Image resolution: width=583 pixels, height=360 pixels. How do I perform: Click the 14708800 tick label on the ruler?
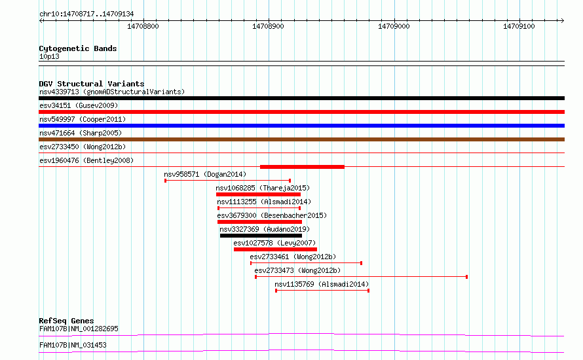143,26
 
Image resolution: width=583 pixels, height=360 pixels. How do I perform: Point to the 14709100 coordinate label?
519,26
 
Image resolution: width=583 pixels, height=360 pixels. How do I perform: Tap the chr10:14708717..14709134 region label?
86,14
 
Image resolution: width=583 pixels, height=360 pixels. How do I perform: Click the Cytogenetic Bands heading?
78,48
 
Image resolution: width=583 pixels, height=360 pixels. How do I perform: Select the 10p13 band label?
49,56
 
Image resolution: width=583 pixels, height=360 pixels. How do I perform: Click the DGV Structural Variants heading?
92,84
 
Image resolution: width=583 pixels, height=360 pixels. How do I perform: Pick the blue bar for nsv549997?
301,126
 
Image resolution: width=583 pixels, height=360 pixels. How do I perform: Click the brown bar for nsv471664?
301,139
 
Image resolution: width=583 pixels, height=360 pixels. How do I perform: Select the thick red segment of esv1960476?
302,167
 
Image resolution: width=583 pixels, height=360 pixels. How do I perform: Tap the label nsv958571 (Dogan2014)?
205,174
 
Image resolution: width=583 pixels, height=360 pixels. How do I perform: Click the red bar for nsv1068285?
258,194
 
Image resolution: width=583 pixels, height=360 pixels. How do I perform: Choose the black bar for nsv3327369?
261,236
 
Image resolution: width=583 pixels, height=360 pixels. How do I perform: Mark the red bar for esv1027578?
276,249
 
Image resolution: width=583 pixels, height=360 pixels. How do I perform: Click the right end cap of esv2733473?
466,277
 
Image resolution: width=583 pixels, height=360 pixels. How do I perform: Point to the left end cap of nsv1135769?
276,291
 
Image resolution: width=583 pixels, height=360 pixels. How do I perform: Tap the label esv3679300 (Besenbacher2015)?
272,215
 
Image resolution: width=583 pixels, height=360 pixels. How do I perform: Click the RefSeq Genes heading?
66,321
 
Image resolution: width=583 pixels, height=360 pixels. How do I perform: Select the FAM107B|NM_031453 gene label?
73,345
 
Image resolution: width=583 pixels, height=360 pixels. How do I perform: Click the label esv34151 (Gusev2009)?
79,105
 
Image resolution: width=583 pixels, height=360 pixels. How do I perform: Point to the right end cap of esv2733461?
362,263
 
